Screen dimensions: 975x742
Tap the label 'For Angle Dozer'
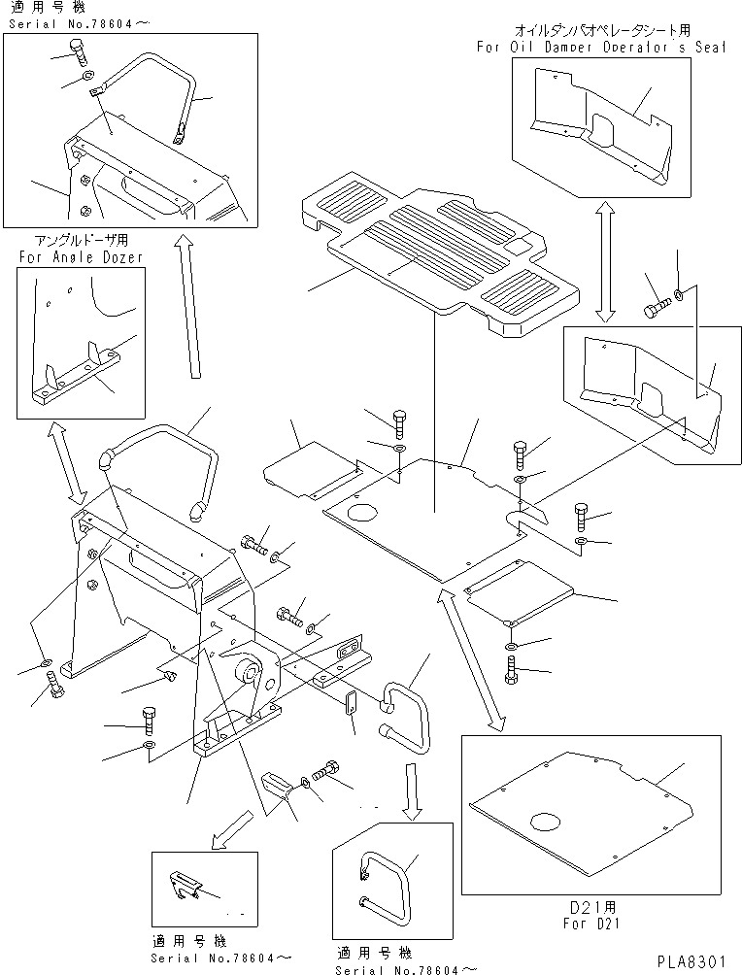[80, 256]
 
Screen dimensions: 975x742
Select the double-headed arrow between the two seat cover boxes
[605, 260]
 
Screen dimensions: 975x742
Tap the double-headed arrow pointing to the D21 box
[471, 660]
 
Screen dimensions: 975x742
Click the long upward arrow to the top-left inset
[188, 309]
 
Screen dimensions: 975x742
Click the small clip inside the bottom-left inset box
[188, 884]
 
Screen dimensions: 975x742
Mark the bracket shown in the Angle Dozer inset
[78, 379]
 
